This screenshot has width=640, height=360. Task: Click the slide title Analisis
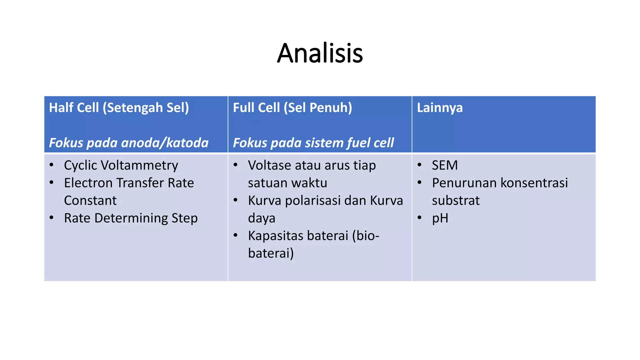pos(320,53)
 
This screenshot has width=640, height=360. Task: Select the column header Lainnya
pos(439,108)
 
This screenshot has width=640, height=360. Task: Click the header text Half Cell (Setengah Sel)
pos(119,108)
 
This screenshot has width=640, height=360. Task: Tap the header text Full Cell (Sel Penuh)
pos(292,108)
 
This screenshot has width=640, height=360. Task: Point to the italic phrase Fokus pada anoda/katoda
pos(128,143)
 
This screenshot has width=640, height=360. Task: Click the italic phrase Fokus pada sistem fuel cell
pos(313,143)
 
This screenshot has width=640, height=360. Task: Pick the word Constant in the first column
pos(90,201)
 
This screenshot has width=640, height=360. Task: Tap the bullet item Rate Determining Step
pos(131,218)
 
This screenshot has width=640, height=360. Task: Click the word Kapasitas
pos(276,236)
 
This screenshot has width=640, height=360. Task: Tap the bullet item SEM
pos(444,165)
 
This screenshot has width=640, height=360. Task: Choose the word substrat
pos(455,201)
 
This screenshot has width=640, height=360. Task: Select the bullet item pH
pos(440,218)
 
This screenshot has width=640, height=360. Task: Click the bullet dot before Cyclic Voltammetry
pos(52,165)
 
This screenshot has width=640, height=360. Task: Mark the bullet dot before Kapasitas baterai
pos(236,235)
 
